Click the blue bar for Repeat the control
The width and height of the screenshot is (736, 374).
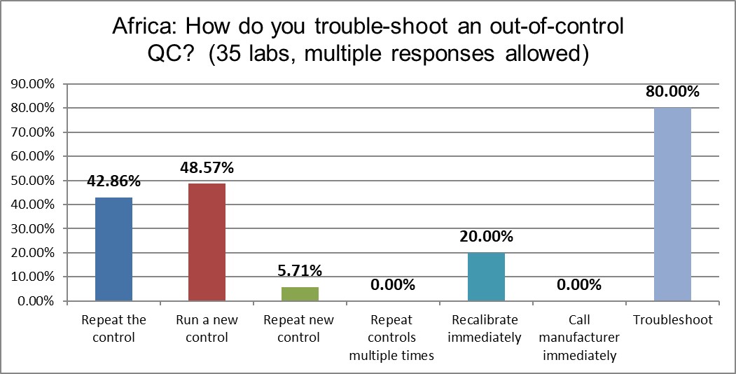113,249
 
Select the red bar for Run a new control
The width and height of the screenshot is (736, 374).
207,242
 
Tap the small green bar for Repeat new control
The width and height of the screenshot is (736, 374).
300,294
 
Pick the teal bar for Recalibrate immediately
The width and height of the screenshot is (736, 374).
486,277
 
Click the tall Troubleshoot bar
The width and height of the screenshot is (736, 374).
672,205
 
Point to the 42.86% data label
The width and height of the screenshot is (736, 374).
113,181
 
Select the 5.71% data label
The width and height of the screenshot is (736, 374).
300,270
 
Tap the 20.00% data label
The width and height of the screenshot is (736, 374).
486,236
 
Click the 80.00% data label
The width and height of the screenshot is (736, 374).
672,92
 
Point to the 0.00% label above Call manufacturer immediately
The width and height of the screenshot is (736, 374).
579,284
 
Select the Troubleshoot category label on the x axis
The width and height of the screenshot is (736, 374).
672,320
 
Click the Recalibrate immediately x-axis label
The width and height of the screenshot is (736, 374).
486,329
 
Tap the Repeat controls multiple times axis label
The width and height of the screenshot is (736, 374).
392,338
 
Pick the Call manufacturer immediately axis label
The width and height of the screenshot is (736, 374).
579,338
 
